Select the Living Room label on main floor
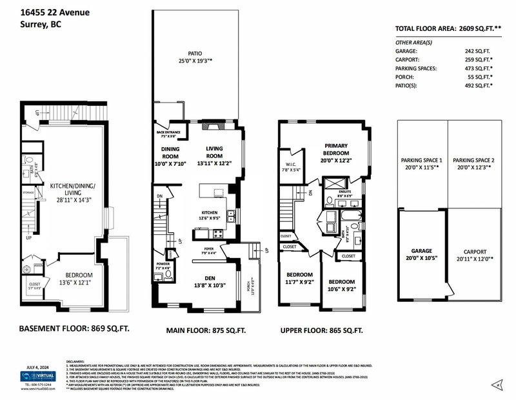click(214, 152)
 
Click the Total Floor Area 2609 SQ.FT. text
click(448, 29)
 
